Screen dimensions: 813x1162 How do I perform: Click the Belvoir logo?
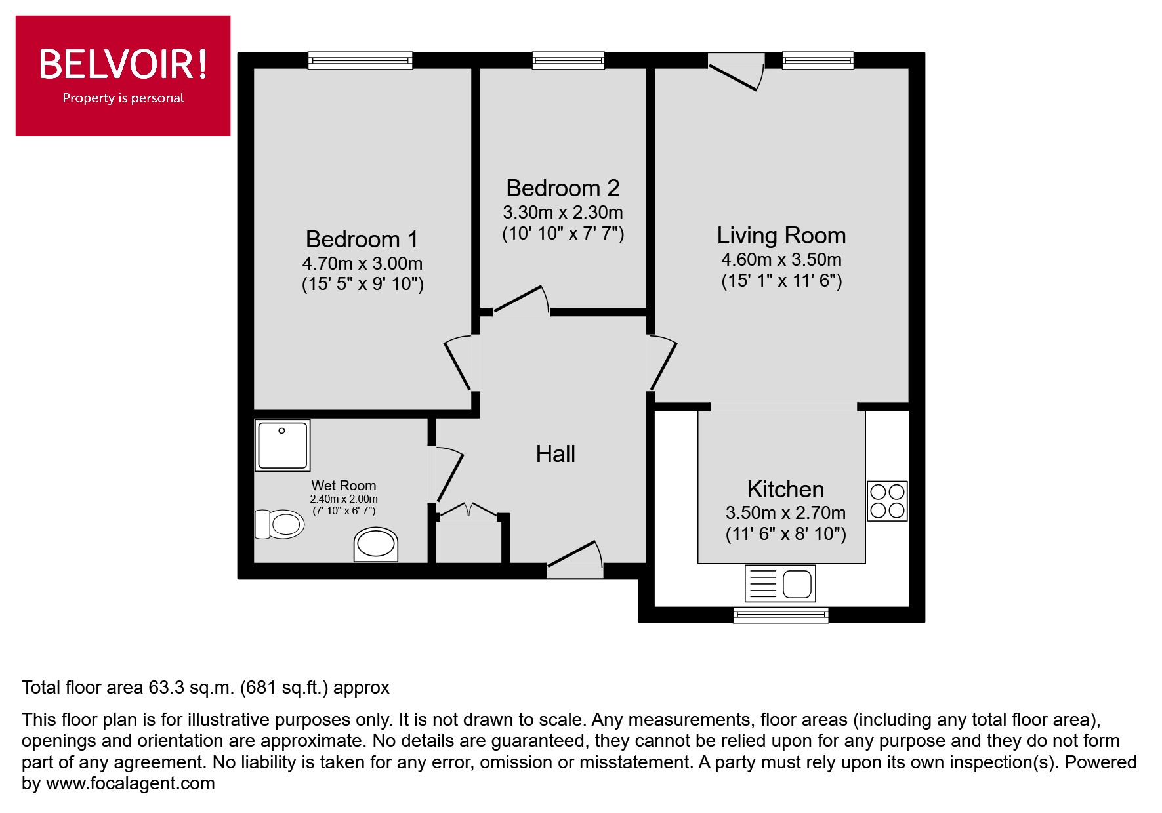click(123, 75)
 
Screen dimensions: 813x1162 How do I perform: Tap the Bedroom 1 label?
click(362, 239)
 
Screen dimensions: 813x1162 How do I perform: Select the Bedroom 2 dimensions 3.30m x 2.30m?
click(562, 213)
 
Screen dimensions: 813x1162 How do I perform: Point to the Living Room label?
click(781, 235)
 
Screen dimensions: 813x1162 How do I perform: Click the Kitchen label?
click(785, 490)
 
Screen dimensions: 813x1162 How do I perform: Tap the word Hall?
click(555, 454)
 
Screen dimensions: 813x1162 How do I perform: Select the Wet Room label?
click(344, 486)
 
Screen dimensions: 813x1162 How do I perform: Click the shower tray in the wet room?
click(282, 446)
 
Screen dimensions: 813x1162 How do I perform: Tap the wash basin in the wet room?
click(376, 545)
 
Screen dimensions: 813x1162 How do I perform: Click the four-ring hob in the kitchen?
click(887, 501)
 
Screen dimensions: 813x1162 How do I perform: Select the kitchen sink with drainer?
click(780, 583)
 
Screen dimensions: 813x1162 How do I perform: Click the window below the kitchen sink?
click(781, 615)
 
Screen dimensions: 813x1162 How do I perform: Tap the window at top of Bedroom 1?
click(361, 61)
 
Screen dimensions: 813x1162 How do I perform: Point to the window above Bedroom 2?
click(568, 61)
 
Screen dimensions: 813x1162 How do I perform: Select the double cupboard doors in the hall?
click(468, 510)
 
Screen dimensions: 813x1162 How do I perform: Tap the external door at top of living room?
click(737, 73)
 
